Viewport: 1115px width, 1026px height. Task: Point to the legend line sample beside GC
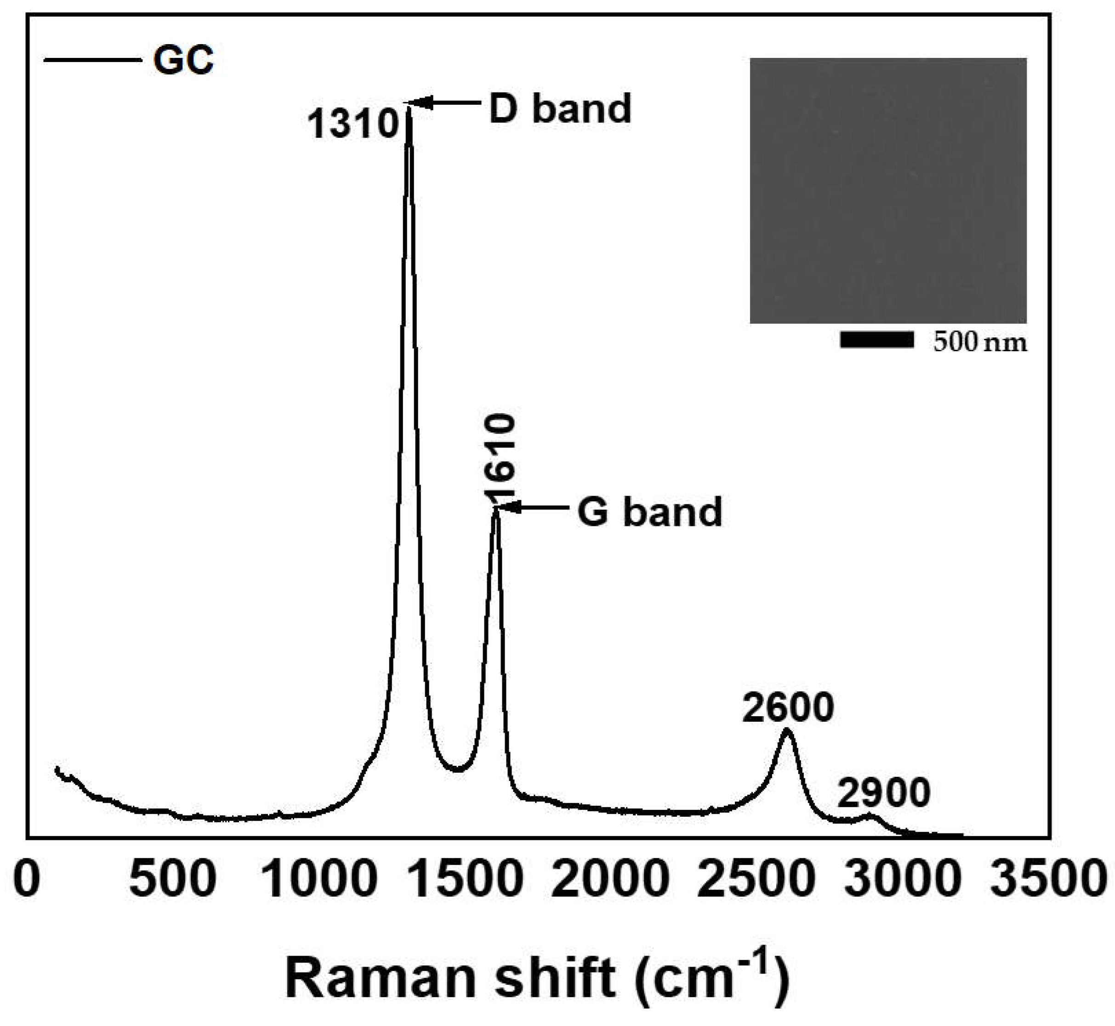(91, 59)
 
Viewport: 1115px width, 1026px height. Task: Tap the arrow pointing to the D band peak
(444, 102)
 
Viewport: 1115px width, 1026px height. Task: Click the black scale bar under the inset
(876, 340)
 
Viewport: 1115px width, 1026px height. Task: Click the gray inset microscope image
(888, 190)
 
